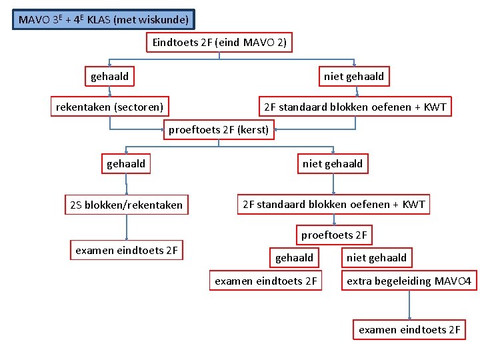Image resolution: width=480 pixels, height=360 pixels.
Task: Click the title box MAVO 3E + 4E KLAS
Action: (x=104, y=20)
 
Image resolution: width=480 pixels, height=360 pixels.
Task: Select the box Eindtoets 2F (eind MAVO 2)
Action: (x=219, y=43)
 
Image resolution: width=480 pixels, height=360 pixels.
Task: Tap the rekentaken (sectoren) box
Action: (x=110, y=107)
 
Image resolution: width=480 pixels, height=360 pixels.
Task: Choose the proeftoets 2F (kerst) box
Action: (x=219, y=130)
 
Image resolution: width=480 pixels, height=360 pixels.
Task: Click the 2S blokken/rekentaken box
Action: (x=126, y=205)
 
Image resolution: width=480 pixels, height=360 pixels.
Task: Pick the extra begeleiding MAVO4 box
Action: (x=409, y=281)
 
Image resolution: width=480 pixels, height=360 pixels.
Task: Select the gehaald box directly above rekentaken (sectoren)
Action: (x=110, y=77)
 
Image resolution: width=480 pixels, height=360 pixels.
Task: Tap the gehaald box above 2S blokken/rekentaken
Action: (x=126, y=163)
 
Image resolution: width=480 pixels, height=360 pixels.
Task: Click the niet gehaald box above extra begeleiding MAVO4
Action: (x=377, y=257)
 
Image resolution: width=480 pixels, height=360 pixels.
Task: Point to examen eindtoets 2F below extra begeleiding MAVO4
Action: (x=409, y=330)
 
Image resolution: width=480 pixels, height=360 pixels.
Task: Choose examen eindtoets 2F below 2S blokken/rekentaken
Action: (x=127, y=251)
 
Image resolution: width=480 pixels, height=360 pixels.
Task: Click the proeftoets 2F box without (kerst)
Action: (x=334, y=235)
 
